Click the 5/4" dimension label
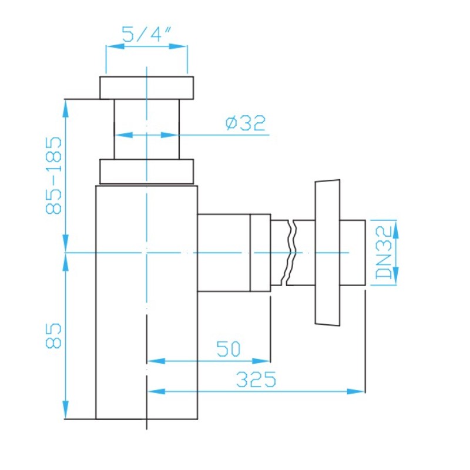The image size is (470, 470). pyautogui.click(x=147, y=34)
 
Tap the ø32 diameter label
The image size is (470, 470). pyautogui.click(x=246, y=123)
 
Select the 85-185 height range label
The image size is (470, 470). pyautogui.click(x=54, y=175)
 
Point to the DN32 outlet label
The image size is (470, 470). pyautogui.click(x=384, y=253)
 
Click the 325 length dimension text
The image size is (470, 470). pyautogui.click(x=256, y=379)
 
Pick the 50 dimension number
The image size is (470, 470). pyautogui.click(x=229, y=349)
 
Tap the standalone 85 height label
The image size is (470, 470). pyautogui.click(x=54, y=335)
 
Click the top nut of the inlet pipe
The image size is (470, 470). pyautogui.click(x=146, y=88)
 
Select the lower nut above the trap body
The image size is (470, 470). pyautogui.click(x=146, y=172)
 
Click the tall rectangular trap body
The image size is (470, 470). pyautogui.click(x=146, y=302)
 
